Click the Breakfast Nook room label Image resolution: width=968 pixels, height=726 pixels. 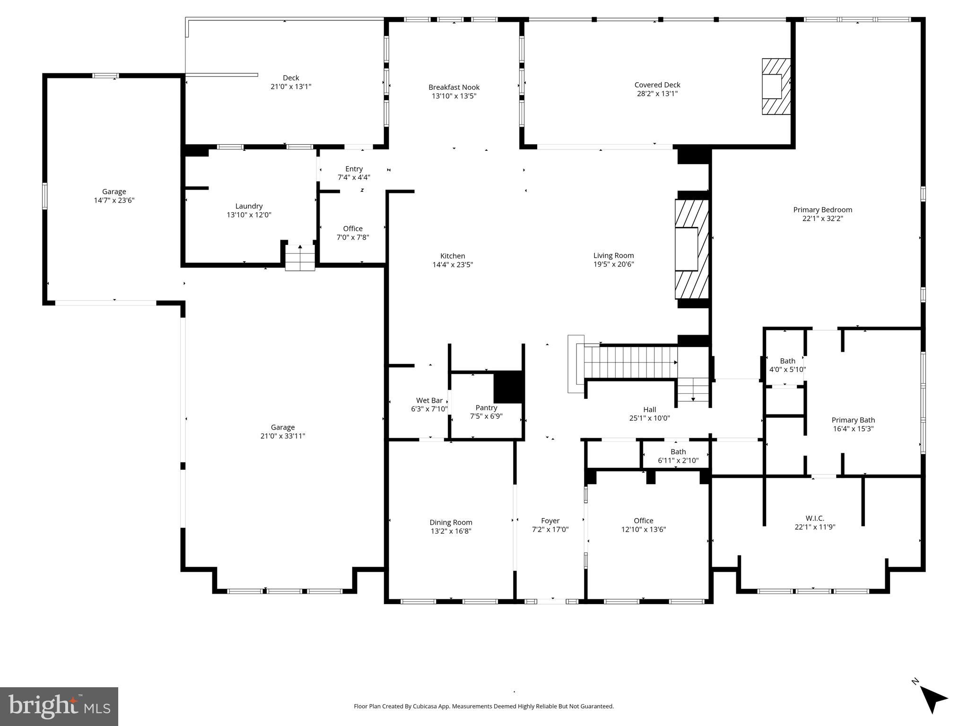point(453,87)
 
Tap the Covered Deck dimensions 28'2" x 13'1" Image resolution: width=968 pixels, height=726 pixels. point(657,94)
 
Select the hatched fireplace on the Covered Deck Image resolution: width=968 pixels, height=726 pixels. point(776,86)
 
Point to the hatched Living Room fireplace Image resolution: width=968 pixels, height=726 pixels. point(692,249)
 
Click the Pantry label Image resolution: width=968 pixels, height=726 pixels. point(486,407)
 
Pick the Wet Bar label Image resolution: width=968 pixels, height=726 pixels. point(429,400)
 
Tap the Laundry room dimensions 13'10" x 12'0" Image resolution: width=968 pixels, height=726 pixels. point(249,215)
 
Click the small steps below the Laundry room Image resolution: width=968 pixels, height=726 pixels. point(300,259)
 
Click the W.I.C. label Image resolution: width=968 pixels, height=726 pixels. point(815,518)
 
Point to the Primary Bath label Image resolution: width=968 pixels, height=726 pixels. point(853,420)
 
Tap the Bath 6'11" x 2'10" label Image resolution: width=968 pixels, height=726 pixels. point(678,452)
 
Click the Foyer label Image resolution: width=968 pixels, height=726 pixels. point(550,520)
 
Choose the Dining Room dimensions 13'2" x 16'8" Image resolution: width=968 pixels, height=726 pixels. point(450,531)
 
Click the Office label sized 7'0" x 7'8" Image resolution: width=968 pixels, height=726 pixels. point(353,229)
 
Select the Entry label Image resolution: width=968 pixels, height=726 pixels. point(354,169)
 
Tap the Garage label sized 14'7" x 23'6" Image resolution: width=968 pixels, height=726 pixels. point(114,191)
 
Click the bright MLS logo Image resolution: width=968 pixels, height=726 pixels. point(59,706)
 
